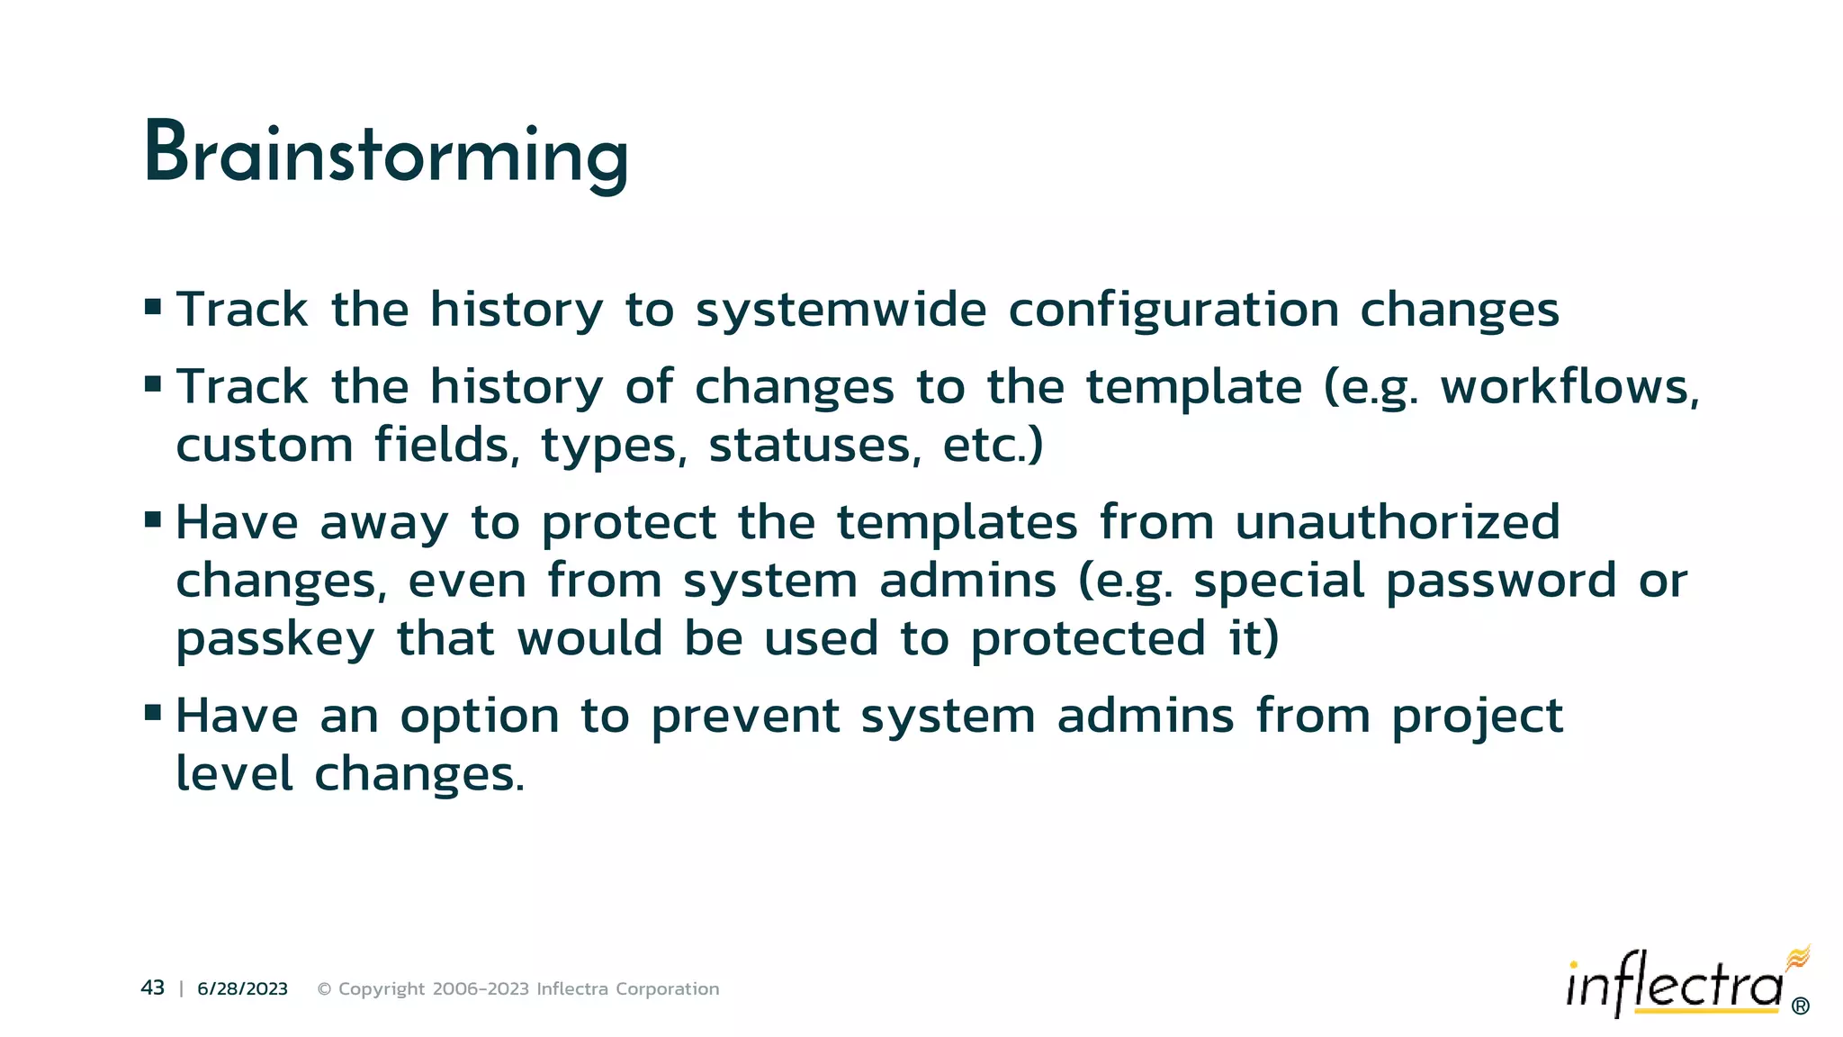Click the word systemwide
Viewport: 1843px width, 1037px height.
pos(841,311)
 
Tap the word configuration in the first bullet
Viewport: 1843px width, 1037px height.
pos(1173,311)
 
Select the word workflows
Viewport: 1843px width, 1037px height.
pos(1569,388)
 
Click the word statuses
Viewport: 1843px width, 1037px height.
pos(814,446)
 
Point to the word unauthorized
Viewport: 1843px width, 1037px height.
pos(1397,523)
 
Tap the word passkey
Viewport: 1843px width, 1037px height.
pos(274,640)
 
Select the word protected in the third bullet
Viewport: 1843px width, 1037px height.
pos(1088,640)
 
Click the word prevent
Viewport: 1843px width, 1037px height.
pos(744,717)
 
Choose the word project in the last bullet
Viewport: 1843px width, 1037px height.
pos(1477,717)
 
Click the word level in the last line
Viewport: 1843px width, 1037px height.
pos(234,774)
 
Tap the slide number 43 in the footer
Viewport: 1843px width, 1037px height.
pos(152,988)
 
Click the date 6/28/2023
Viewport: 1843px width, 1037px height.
pos(242,989)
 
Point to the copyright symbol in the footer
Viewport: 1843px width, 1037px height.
pos(325,989)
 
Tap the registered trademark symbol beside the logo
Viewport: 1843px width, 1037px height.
pos(1801,1006)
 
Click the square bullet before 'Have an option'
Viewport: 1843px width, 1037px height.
pos(153,714)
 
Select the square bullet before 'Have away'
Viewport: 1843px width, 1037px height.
pos(153,519)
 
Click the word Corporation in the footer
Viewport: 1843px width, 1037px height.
pos(667,989)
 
